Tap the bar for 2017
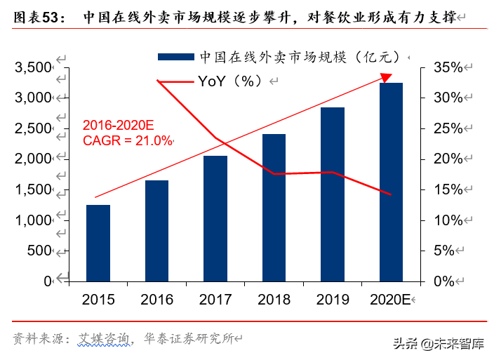pyautogui.click(x=215, y=218)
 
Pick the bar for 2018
pyautogui.click(x=274, y=207)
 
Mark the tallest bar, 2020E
pyautogui.click(x=392, y=182)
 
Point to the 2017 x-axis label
pyautogui.click(x=215, y=300)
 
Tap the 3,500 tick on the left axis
pyautogui.click(x=34, y=67)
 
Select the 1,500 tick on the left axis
pyautogui.click(x=34, y=189)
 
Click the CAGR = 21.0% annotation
pyautogui.click(x=127, y=140)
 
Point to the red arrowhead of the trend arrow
pyautogui.click(x=387, y=76)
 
